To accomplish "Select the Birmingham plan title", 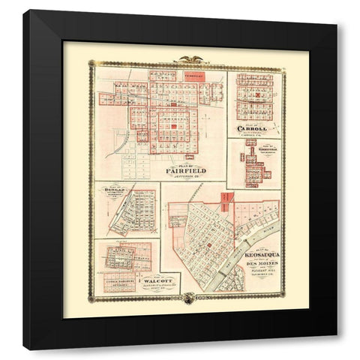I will [x=257, y=148].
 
